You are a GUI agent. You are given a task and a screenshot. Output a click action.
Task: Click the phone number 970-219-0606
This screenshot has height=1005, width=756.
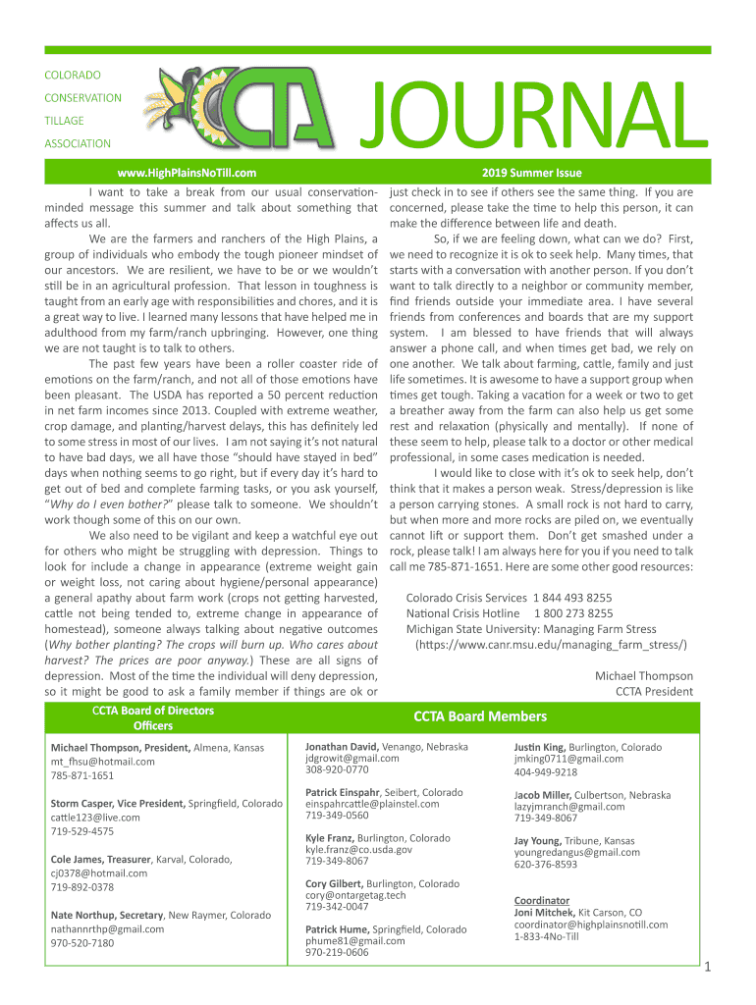coord(337,952)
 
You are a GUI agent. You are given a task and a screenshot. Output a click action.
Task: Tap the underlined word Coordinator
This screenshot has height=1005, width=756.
coord(541,900)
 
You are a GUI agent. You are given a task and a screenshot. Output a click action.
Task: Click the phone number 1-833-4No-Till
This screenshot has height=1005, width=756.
coord(546,937)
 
